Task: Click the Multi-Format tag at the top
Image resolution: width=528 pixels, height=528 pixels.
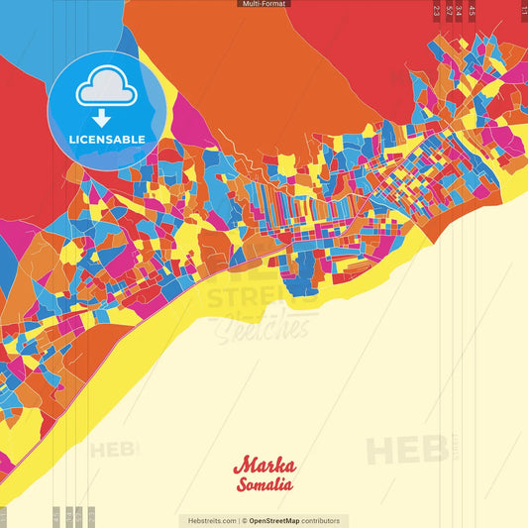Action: coord(264,4)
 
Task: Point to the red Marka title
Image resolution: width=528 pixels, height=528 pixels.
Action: coord(264,466)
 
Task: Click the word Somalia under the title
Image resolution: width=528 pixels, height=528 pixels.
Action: coord(264,484)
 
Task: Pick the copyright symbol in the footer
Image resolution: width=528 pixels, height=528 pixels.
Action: coord(244,520)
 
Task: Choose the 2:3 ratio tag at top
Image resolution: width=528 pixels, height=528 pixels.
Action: coord(437,10)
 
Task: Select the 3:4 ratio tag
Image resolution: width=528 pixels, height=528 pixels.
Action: coord(460,10)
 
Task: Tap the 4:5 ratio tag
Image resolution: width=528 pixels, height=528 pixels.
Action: coord(473,10)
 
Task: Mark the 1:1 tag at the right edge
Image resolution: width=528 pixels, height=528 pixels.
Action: coord(523,8)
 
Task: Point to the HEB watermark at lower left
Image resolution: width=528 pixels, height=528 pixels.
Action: coord(114,451)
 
